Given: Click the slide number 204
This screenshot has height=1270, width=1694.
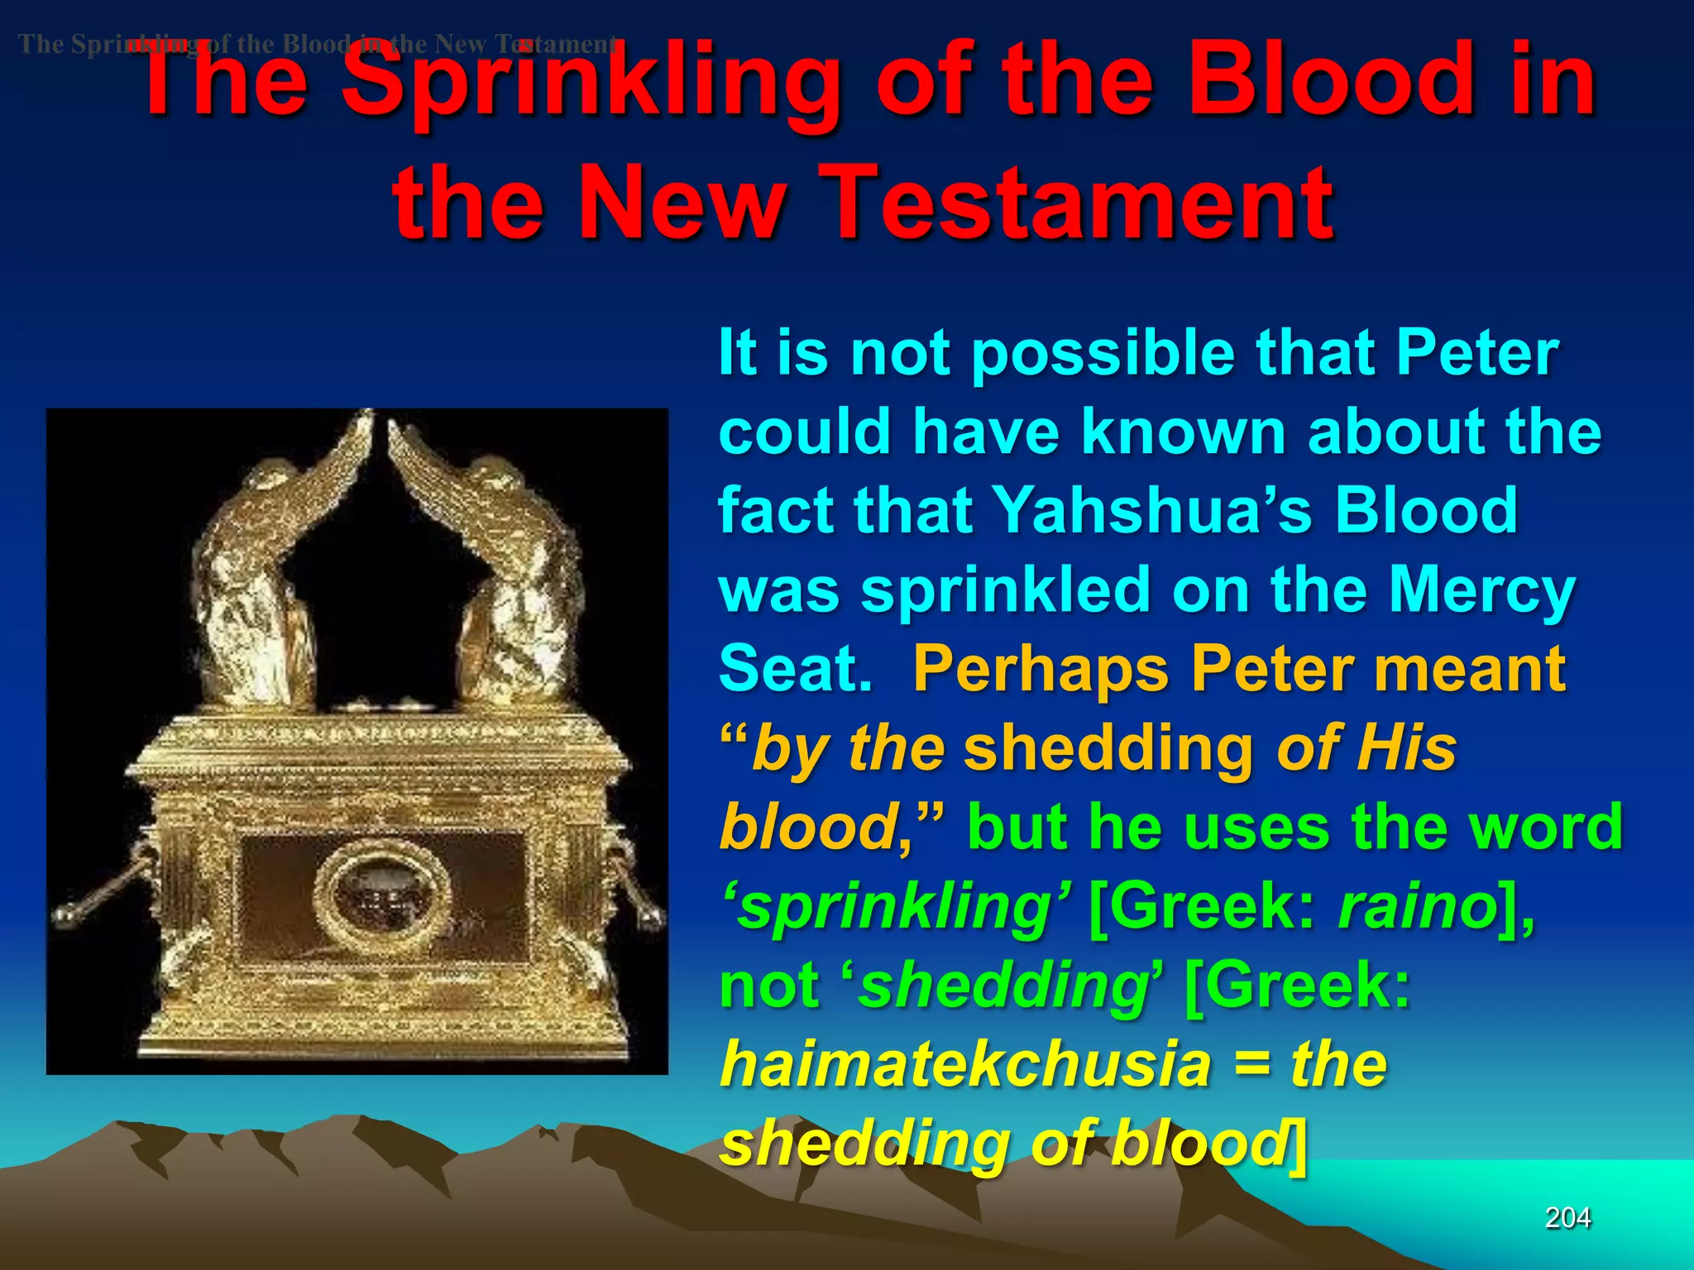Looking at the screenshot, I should pos(1567,1217).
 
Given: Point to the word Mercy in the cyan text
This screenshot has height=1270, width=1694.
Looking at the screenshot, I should pos(1481,590).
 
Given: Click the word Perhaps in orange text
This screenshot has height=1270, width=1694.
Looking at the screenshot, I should pos(1041,668).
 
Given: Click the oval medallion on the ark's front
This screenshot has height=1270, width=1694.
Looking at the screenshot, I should pos(382,898).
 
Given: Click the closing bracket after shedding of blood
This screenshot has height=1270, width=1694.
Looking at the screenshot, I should pos(1299,1144).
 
